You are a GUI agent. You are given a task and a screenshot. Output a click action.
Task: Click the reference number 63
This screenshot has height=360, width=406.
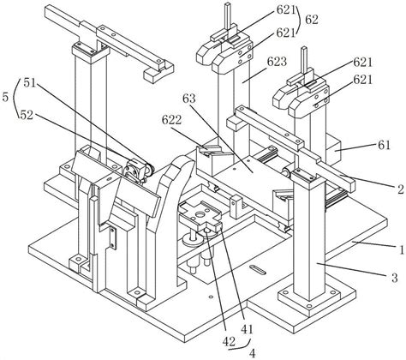(x=189, y=99)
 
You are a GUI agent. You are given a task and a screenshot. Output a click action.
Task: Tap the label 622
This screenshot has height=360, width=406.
(x=171, y=120)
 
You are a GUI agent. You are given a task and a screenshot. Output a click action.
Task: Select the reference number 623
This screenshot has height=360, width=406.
(x=277, y=61)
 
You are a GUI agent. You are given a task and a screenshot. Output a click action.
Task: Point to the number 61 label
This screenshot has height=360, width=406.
(x=384, y=145)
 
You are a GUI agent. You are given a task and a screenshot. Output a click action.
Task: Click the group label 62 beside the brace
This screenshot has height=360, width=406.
(x=312, y=20)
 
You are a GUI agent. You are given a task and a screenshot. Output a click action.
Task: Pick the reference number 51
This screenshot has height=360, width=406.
(x=29, y=83)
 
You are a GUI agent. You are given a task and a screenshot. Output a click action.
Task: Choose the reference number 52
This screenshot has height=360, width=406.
(x=27, y=115)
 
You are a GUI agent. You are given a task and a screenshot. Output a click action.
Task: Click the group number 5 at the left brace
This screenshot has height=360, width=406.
(x=5, y=98)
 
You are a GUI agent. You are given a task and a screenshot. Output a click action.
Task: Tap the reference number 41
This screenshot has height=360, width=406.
(x=247, y=329)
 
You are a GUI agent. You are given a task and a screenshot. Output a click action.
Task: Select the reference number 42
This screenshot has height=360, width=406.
(x=229, y=341)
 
